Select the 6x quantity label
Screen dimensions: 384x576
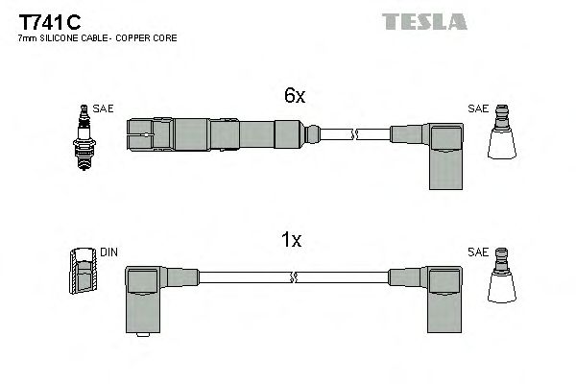coord(293,96)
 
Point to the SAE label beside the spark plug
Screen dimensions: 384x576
coord(104,109)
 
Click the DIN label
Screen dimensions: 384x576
coord(108,252)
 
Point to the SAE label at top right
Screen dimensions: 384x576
coord(477,109)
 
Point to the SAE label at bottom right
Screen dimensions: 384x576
coord(477,252)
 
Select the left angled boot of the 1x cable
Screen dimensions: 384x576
coord(145,296)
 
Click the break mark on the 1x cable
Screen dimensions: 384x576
coord(293,278)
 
